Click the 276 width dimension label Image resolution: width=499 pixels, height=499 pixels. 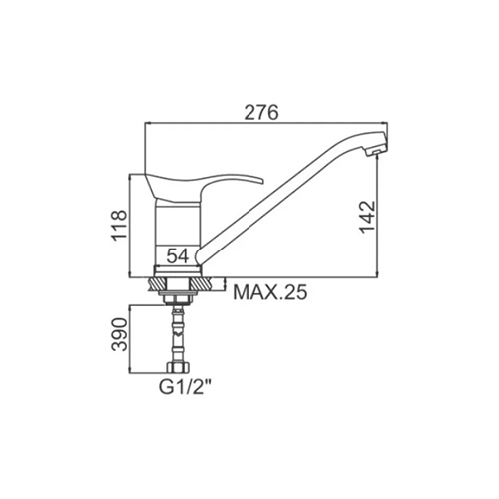click(x=261, y=112)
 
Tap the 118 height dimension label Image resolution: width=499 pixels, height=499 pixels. click(x=120, y=226)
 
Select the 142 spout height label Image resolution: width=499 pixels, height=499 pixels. click(x=368, y=217)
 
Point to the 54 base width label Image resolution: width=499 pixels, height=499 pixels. click(x=178, y=255)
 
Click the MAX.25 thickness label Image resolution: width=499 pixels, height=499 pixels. click(x=270, y=292)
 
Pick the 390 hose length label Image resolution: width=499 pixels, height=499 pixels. click(x=120, y=334)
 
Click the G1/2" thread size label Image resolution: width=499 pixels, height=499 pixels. click(x=186, y=387)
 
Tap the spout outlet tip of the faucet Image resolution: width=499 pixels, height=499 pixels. click(x=376, y=152)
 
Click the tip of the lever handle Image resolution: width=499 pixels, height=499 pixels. click(x=262, y=182)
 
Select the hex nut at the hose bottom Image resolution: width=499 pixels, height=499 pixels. click(x=178, y=367)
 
